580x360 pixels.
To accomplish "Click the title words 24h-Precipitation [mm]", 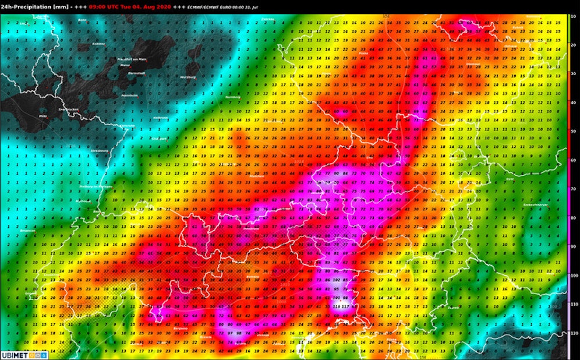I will pos(36,6).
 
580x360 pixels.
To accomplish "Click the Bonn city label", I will pos(82,20).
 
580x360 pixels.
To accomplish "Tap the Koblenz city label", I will pos(98,44).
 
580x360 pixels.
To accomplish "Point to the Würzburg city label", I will pos(188,77).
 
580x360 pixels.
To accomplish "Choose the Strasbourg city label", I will pos(99,151).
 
